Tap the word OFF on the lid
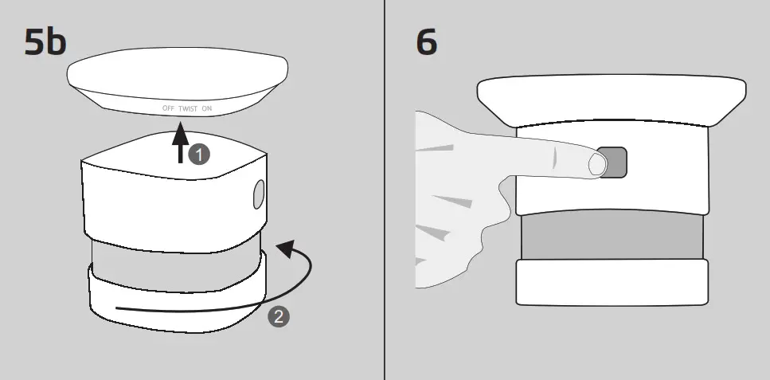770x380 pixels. (x=168, y=108)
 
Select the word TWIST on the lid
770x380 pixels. (x=189, y=108)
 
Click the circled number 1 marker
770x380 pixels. (x=199, y=155)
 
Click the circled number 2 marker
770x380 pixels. (x=278, y=316)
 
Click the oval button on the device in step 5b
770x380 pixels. (x=258, y=194)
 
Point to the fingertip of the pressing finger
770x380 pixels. (x=596, y=165)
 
